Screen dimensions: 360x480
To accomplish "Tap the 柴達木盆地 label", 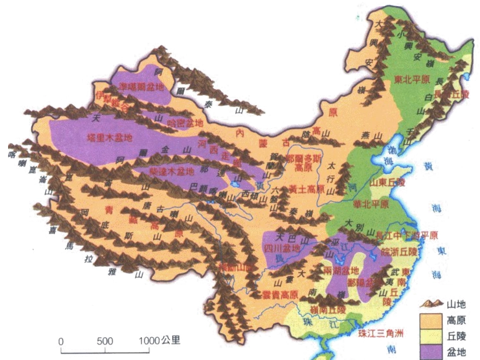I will click(x=171, y=172).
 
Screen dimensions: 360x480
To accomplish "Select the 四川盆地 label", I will click(x=282, y=248).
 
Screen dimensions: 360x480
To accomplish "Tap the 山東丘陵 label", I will click(x=388, y=181).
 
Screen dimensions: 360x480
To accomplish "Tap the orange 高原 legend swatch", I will click(x=429, y=321).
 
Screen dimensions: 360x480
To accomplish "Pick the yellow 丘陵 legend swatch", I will click(x=429, y=336).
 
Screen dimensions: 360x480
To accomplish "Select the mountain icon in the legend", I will click(x=430, y=304).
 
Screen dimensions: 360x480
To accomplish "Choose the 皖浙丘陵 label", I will click(x=399, y=250).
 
